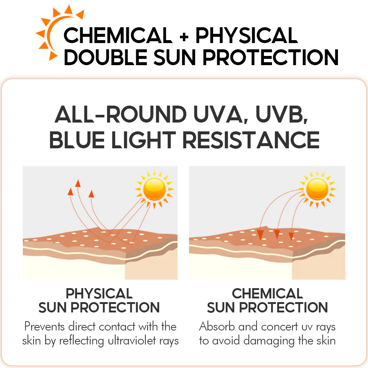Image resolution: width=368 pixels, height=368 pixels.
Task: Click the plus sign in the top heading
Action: click(x=184, y=36)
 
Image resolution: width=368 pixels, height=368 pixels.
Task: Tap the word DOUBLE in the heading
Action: click(x=105, y=57)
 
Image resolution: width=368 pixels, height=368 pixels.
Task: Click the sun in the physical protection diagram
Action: click(x=155, y=189)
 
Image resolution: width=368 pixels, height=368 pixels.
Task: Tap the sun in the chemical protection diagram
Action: click(x=317, y=189)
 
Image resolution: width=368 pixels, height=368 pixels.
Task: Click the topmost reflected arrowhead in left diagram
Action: click(x=78, y=184)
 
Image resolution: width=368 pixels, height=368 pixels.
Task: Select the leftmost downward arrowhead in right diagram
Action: click(x=260, y=235)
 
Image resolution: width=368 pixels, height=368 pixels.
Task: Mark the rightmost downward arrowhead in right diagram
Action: click(x=291, y=236)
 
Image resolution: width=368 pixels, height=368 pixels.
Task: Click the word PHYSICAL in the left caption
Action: click(x=99, y=294)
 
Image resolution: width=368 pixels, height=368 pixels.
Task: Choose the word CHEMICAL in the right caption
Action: click(x=267, y=294)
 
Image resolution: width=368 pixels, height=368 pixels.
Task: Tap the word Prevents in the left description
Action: click(x=45, y=326)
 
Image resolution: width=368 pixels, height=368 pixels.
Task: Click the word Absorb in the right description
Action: click(x=217, y=326)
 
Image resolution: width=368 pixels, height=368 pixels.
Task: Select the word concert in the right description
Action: click(x=279, y=327)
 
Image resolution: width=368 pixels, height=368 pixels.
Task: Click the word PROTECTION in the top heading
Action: click(x=270, y=57)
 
